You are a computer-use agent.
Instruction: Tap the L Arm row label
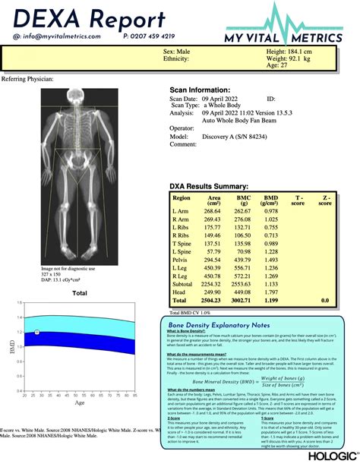182,212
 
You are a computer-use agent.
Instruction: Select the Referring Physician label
28,78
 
